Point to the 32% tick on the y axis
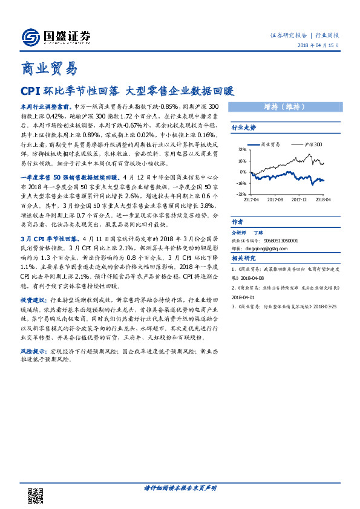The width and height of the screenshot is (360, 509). coord(241,149)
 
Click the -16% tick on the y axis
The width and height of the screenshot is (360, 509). coord(241,183)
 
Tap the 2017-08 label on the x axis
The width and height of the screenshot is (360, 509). coord(275,198)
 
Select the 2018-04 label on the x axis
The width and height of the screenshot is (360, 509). coord(322,198)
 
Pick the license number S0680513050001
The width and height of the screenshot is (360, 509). coord(288,239)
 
